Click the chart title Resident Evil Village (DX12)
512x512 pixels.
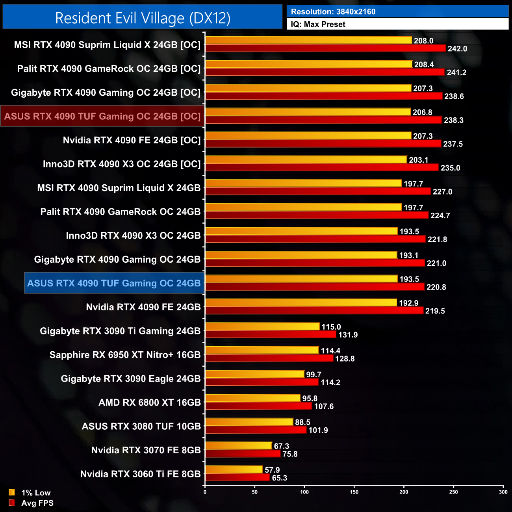pos(143,18)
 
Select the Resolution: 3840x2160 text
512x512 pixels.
pos(333,12)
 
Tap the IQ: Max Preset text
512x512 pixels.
pos(318,24)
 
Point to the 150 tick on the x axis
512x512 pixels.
pos(354,492)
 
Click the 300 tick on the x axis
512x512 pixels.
pos(503,492)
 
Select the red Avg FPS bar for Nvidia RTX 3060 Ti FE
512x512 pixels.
pos(237,478)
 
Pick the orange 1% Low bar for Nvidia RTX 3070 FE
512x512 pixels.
pos(239,446)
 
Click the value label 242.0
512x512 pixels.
pos(457,49)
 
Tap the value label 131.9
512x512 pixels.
pos(348,335)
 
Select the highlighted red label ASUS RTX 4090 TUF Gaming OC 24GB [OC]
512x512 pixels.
pos(102,116)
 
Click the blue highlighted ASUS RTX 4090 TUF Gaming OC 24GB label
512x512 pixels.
pos(114,283)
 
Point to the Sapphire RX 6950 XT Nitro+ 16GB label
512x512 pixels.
pos(125,355)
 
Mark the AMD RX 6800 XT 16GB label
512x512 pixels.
pos(150,403)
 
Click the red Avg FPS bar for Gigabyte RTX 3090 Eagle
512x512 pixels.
pos(262,382)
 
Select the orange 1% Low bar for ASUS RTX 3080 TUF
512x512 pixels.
pos(249,422)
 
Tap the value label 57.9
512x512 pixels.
pos(272,470)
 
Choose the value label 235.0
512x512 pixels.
pos(450,168)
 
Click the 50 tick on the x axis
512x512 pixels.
pos(255,492)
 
